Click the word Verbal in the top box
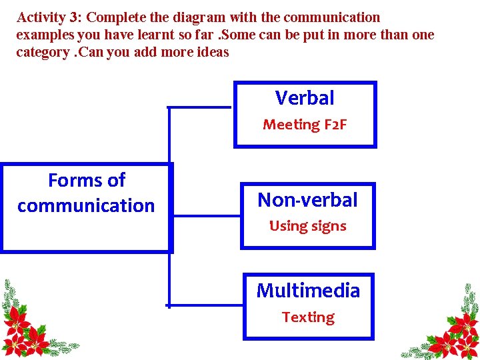305,99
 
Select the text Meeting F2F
305,125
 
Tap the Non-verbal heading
307,199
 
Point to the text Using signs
307,226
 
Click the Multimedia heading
307,291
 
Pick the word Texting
307,317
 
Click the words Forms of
87,181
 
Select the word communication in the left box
86,205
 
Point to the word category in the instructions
43,52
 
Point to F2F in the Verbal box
335,125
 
